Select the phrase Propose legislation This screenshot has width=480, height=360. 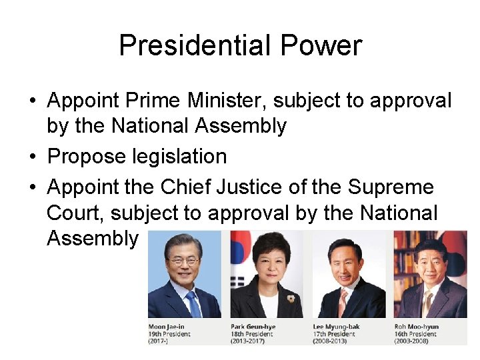pyautogui.click(x=137, y=157)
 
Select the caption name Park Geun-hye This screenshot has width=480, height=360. pyautogui.click(x=253, y=327)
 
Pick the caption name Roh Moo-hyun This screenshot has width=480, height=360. pyautogui.click(x=417, y=327)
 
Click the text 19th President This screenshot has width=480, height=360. pyautogui.click(x=169, y=334)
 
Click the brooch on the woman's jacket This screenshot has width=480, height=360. pyautogui.click(x=291, y=298)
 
